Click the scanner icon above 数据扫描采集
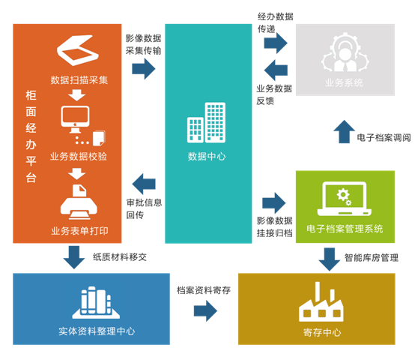pyautogui.click(x=78, y=50)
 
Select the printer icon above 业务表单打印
pyautogui.click(x=79, y=202)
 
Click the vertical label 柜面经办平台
pyautogui.click(x=31, y=136)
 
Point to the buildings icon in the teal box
pyautogui.click(x=206, y=122)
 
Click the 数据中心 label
pyautogui.click(x=207, y=157)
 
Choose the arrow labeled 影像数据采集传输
pyautogui.click(x=143, y=69)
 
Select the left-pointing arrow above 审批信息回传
pyautogui.click(x=144, y=184)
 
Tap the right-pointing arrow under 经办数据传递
pyautogui.click(x=276, y=43)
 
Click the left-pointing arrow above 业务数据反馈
pyautogui.click(x=276, y=70)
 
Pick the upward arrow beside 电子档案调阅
pyautogui.click(x=344, y=131)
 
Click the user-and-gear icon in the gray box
pyautogui.click(x=345, y=52)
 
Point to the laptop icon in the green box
pyautogui.click(x=344, y=199)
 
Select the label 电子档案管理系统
pyautogui.click(x=345, y=229)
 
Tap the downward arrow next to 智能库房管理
pyautogui.click(x=330, y=259)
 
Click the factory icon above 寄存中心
pyautogui.click(x=321, y=301)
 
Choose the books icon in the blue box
pyautogui.click(x=96, y=302)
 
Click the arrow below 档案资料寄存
pyautogui.click(x=205, y=311)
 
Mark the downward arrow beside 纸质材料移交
pyautogui.click(x=74, y=257)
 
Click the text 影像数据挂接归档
pyautogui.click(x=275, y=226)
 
